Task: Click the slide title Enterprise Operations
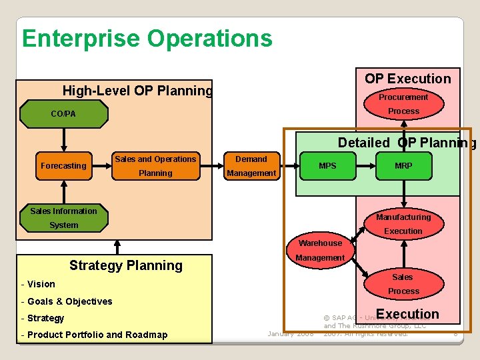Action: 147,38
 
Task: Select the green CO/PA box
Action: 64,114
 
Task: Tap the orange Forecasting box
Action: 64,166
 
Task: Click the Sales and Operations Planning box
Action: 155,166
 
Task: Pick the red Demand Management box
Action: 251,166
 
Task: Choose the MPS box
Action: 327,166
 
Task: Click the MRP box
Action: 403,166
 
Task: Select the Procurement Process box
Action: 403,104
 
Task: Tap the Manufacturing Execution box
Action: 403,224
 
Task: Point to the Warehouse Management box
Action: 320,251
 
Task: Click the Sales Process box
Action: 403,284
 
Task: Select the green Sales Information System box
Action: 64,218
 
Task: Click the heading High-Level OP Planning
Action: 137,91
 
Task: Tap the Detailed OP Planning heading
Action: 407,143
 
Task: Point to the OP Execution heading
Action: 407,79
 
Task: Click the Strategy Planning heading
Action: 126,265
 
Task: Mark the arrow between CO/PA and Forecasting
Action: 64,140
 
